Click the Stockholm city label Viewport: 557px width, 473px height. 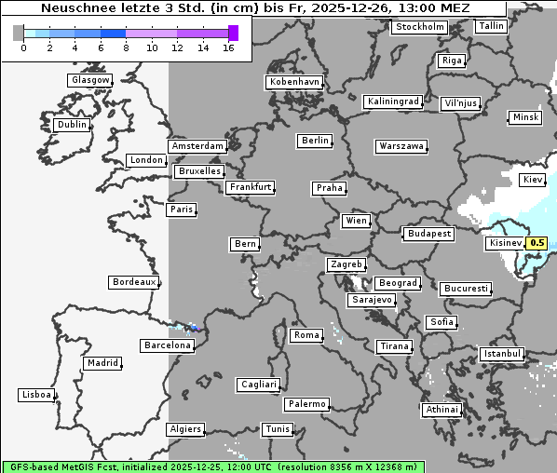point(419,27)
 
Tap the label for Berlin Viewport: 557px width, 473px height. point(316,141)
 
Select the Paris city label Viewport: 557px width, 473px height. point(182,209)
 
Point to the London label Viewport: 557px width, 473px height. point(146,160)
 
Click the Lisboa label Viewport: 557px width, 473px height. point(36,395)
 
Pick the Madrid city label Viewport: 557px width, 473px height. point(102,363)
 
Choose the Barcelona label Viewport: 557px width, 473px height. point(168,345)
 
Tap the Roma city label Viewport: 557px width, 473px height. point(306,335)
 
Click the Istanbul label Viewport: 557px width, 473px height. point(502,354)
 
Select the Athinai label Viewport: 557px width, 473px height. point(441,410)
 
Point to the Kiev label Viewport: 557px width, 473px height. point(533,179)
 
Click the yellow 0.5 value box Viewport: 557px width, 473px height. point(537,244)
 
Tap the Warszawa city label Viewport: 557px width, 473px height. point(401,146)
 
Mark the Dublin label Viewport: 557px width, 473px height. point(72,125)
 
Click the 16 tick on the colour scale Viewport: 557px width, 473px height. point(228,47)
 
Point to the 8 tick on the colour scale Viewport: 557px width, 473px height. point(126,47)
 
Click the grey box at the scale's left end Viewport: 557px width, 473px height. point(19,33)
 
